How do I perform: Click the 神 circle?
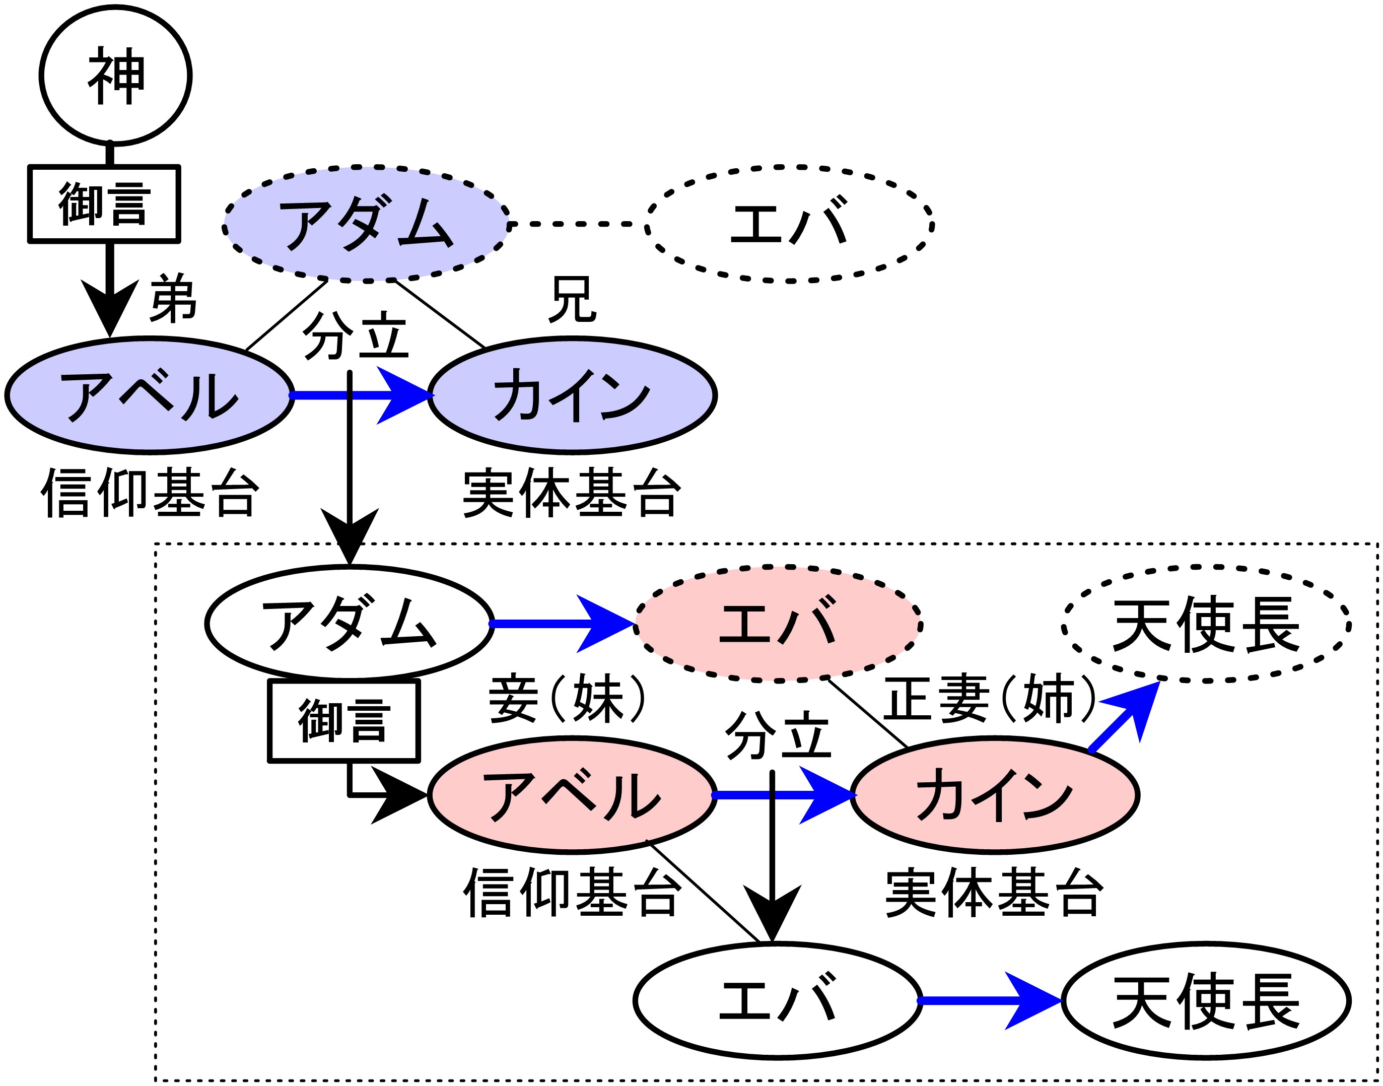pyautogui.click(x=116, y=76)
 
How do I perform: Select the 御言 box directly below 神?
pyautogui.click(x=104, y=204)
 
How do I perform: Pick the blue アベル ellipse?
pyautogui.click(x=150, y=395)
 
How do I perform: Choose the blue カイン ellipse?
pyautogui.click(x=572, y=395)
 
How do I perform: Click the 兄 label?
pyautogui.click(x=573, y=299)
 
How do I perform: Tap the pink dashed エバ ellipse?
pyautogui.click(x=778, y=624)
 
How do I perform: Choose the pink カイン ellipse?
pyautogui.click(x=995, y=795)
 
